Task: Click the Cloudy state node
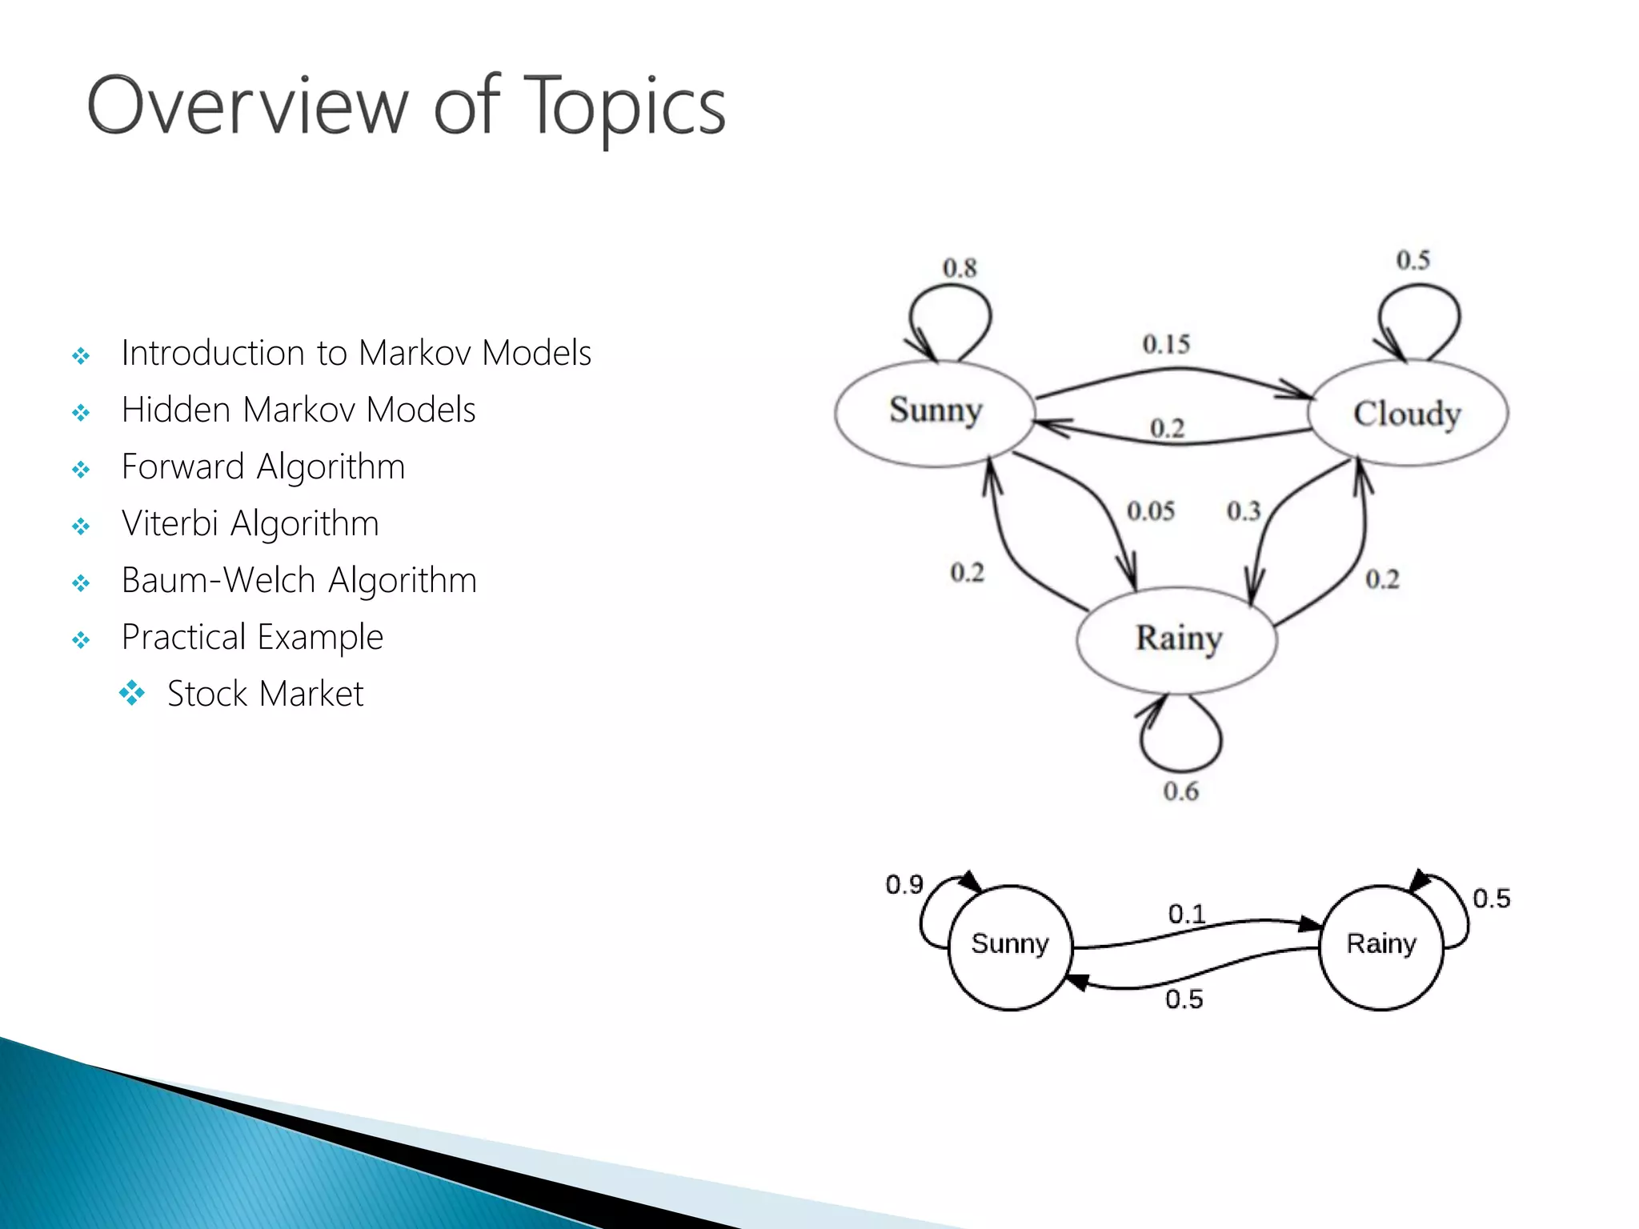[1408, 413]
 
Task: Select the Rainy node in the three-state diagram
[1177, 639]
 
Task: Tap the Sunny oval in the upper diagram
[935, 411]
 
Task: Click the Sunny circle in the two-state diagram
[1009, 946]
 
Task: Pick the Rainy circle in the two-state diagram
[1381, 946]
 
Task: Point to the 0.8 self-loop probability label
[960, 268]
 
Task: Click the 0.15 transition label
[1166, 344]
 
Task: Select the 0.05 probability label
[1151, 510]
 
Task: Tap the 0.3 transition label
[1244, 510]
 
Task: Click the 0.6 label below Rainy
[1180, 791]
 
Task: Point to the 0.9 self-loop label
[904, 884]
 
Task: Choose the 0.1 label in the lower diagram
[1186, 914]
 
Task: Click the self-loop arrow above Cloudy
[1419, 320]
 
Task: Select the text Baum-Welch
[220, 580]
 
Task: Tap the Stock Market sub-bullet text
[265, 694]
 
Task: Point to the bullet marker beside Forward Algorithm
[81, 469]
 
